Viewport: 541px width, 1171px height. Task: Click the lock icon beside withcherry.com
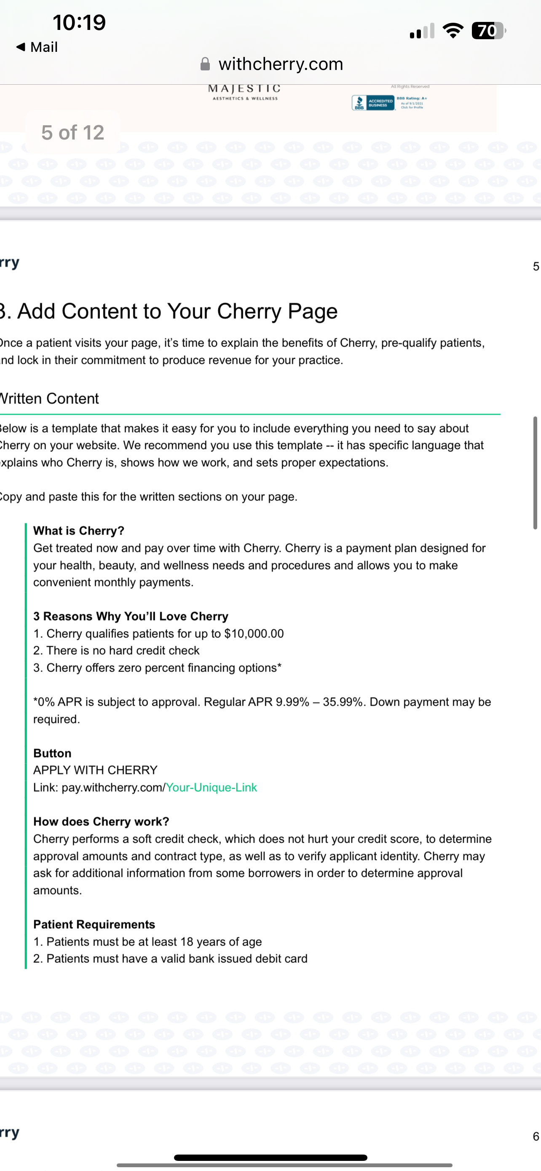tap(205, 64)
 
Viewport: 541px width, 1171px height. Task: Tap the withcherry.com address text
tap(280, 64)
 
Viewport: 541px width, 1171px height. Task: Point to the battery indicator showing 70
tap(488, 31)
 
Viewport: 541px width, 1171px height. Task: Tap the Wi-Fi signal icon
tap(453, 31)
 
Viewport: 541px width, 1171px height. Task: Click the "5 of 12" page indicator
tap(72, 132)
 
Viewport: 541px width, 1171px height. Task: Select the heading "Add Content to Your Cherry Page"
tap(177, 312)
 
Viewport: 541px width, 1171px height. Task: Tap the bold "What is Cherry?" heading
tap(79, 531)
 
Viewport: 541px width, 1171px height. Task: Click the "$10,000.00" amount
tap(254, 634)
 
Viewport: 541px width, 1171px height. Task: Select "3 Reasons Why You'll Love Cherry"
tap(131, 616)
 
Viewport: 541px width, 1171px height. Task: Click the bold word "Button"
tap(52, 753)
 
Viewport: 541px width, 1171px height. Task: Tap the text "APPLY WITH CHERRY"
tap(95, 770)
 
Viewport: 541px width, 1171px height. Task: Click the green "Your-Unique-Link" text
tap(211, 787)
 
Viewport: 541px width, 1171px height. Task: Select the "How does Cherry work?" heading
tap(101, 822)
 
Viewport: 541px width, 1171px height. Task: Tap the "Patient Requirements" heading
tap(94, 924)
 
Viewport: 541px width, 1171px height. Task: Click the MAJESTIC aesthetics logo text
tap(244, 91)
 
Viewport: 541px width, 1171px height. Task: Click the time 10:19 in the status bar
tap(79, 22)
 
